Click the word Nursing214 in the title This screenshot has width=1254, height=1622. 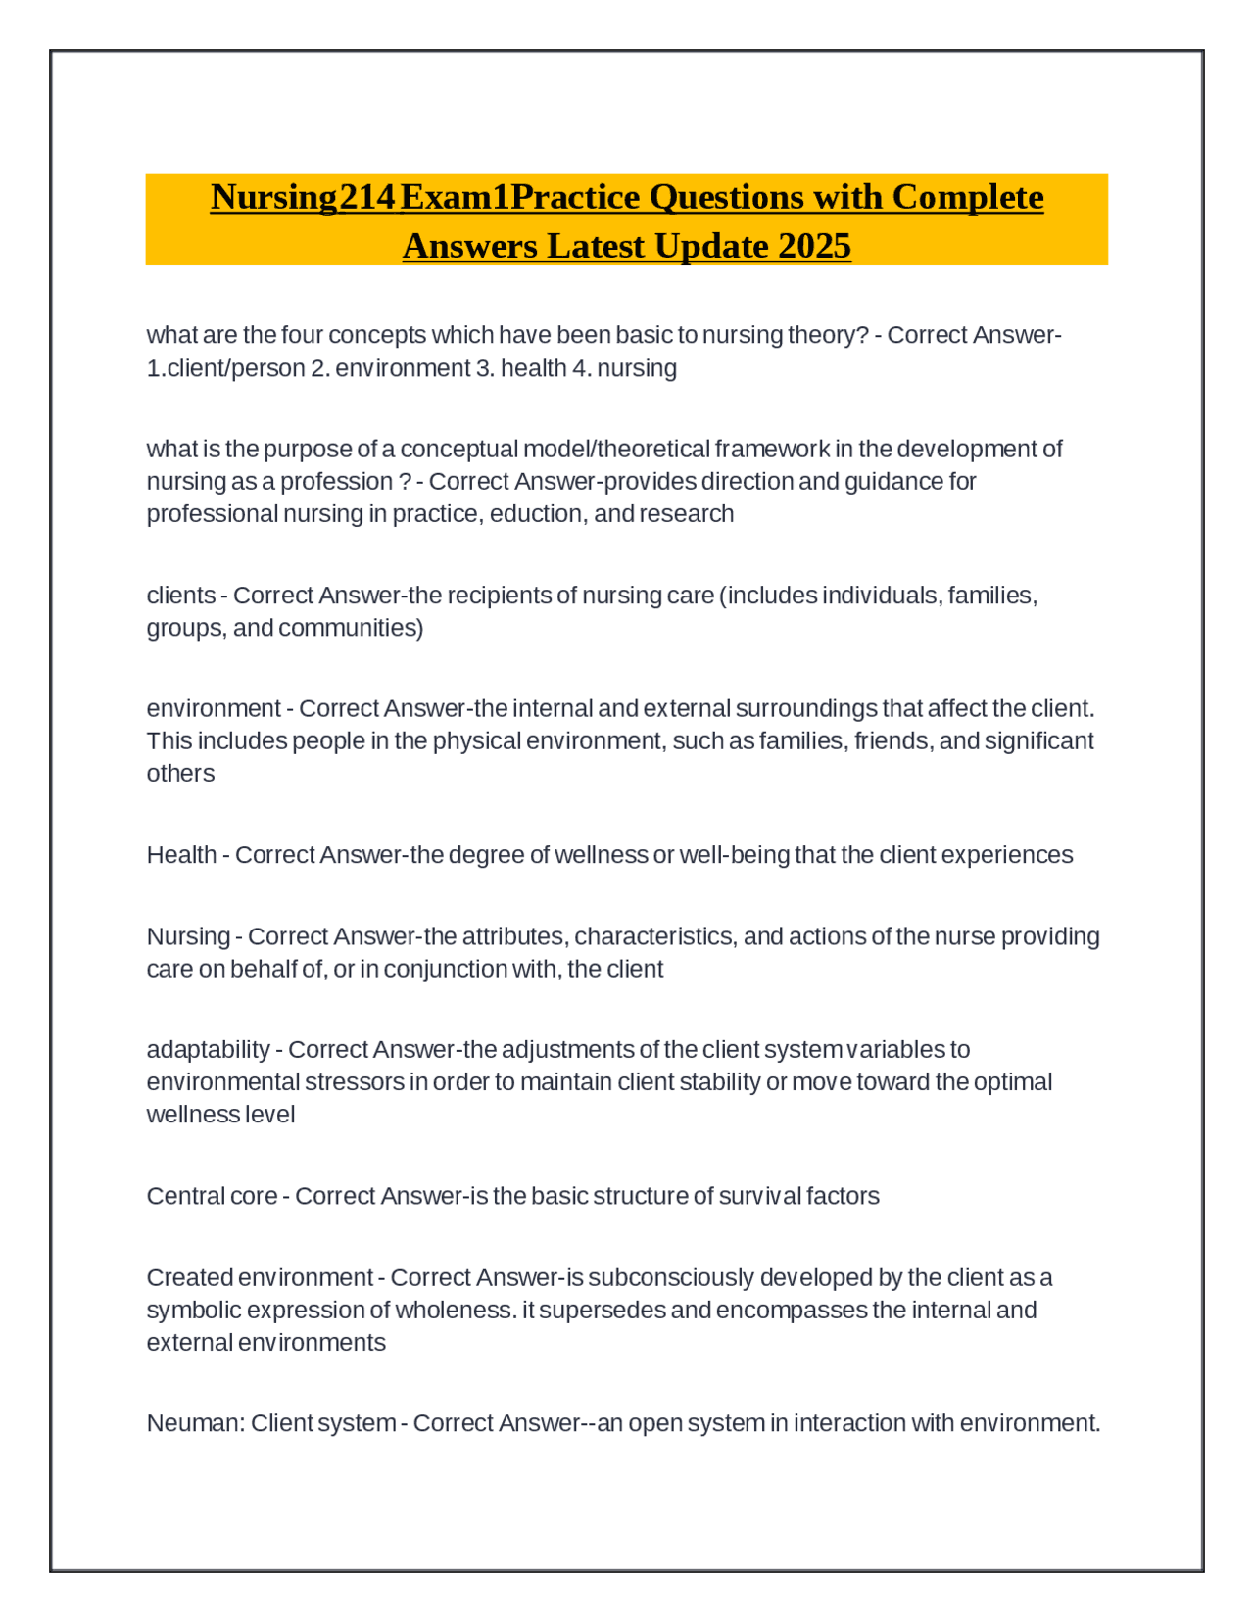(x=303, y=197)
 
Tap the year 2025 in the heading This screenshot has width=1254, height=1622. (x=814, y=246)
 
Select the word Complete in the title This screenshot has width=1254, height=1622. (x=968, y=197)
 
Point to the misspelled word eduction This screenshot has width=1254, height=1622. (x=537, y=514)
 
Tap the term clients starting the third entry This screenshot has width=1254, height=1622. (x=180, y=596)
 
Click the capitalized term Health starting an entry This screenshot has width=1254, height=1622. (x=181, y=855)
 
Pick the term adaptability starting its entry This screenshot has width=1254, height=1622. (x=208, y=1050)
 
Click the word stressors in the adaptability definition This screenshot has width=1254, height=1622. (x=355, y=1082)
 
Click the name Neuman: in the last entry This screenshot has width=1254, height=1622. (x=195, y=1423)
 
